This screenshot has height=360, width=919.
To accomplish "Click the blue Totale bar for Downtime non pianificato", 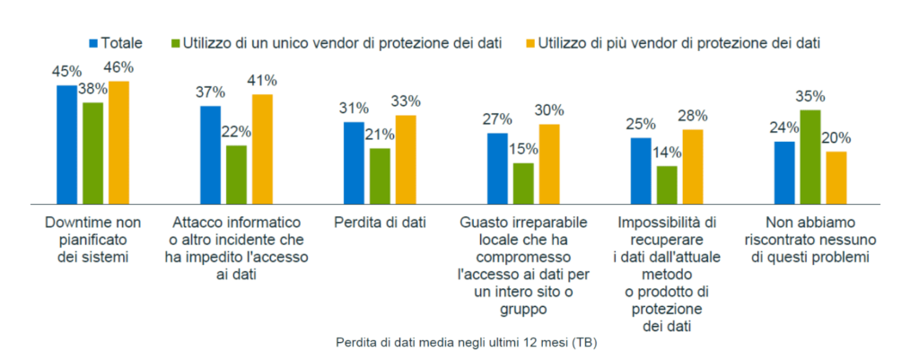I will (x=66, y=145).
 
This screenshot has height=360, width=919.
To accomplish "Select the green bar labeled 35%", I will (x=810, y=157).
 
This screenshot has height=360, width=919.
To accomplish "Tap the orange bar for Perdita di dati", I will (x=406, y=160).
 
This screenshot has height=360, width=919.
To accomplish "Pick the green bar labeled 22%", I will (x=236, y=174).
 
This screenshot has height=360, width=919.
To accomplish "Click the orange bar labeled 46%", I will (x=118, y=143).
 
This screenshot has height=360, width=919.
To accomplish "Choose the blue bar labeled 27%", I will (x=497, y=169).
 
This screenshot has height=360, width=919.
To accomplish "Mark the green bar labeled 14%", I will (x=667, y=185).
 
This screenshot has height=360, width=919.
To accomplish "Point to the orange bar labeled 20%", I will (x=836, y=178).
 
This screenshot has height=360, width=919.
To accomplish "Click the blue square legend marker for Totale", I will (x=92, y=43).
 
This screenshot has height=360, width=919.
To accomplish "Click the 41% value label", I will (x=262, y=80).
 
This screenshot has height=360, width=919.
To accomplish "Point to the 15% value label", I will (x=523, y=149).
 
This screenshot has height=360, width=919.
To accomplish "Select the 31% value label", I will (x=354, y=108).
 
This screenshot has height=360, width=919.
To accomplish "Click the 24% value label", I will (x=784, y=127).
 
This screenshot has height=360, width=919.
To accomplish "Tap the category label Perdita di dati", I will (x=379, y=221).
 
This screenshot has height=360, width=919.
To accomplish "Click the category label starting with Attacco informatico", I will (x=236, y=247).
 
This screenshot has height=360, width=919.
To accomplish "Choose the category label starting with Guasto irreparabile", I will (x=522, y=264).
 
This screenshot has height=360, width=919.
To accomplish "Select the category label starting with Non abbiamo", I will (x=810, y=238).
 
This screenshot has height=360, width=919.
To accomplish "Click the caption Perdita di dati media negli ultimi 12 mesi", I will (x=467, y=343).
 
